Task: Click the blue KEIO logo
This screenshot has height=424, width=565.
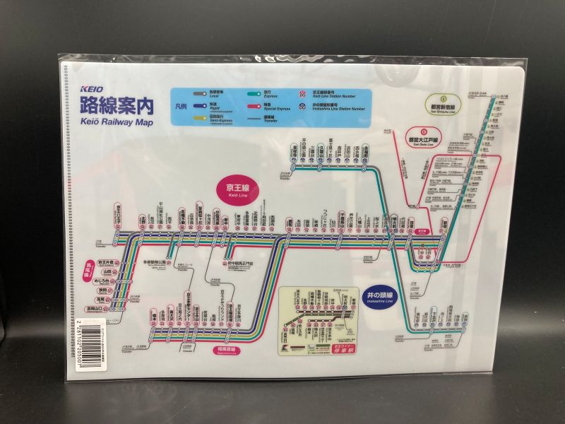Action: coord(92,90)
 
